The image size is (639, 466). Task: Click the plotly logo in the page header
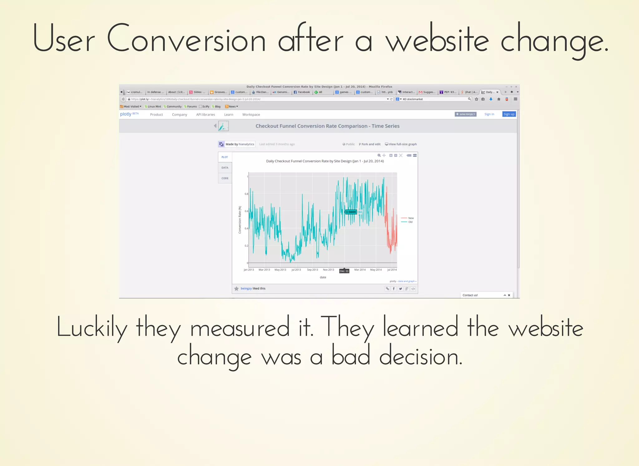[x=126, y=114]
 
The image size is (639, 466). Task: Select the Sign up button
[x=509, y=114]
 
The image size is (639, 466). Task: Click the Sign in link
[x=489, y=114]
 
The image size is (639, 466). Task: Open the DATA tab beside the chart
[x=225, y=168]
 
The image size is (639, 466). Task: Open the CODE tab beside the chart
[x=225, y=178]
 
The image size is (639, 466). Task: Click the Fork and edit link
[x=370, y=144]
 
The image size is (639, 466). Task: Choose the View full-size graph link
[x=401, y=144]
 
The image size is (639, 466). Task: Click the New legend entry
[x=411, y=218]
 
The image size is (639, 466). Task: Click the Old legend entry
[x=410, y=222]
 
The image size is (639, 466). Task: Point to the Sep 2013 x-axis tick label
[x=312, y=270]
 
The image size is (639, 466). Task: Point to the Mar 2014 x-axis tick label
[x=360, y=270]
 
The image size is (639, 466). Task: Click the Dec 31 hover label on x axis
[x=344, y=271]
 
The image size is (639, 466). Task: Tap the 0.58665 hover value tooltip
[x=351, y=212]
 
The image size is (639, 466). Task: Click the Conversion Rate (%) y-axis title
[x=240, y=220]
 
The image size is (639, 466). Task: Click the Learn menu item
[x=228, y=115]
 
